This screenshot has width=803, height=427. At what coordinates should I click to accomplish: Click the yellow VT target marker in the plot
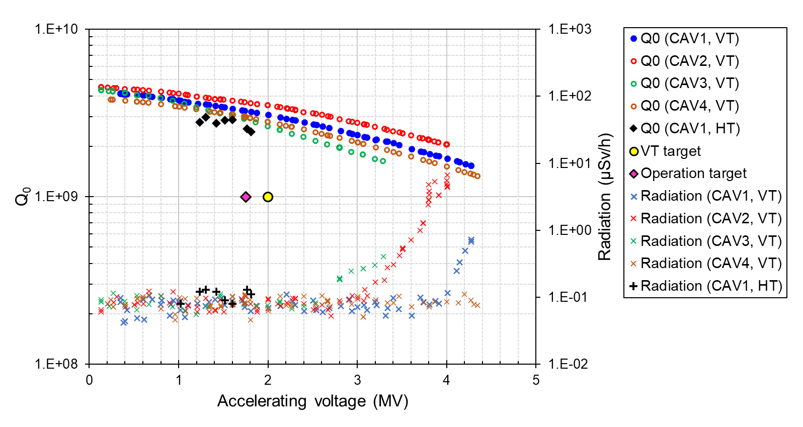(x=268, y=197)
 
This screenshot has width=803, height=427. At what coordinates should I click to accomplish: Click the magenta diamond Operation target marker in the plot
(x=246, y=197)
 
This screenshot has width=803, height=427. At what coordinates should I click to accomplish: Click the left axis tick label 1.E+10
(x=56, y=29)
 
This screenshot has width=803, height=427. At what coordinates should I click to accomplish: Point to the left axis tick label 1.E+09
(x=56, y=197)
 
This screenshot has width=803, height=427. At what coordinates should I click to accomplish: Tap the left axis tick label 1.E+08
(x=56, y=364)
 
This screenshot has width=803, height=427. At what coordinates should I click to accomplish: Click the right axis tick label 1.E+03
(x=570, y=29)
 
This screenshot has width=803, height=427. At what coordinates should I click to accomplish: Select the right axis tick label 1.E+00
(x=570, y=230)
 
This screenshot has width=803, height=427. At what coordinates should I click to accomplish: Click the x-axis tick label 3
(x=357, y=380)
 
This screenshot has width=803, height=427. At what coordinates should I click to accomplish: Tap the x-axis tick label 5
(x=536, y=380)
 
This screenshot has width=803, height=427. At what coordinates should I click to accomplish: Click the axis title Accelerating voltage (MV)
(x=312, y=401)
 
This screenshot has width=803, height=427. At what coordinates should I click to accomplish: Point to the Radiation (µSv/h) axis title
(x=605, y=197)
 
